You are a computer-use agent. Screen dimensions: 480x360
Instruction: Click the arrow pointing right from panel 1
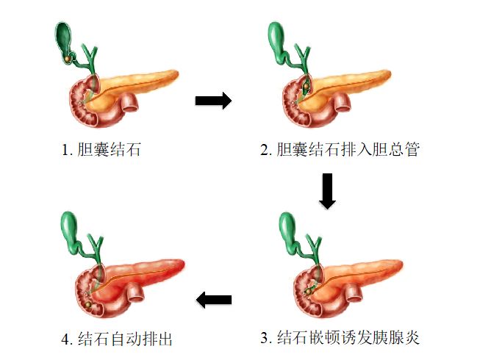tap(213, 101)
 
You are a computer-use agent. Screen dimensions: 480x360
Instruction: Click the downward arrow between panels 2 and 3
tap(327, 191)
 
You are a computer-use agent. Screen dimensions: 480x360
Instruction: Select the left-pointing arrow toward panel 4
tap(213, 299)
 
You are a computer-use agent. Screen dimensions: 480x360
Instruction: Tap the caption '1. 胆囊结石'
tap(101, 151)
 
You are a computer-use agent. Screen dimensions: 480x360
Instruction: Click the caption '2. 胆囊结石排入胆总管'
tap(340, 151)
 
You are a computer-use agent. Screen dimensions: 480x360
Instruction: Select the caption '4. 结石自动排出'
tap(118, 339)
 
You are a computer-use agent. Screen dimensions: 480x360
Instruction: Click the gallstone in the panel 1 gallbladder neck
tap(68, 56)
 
